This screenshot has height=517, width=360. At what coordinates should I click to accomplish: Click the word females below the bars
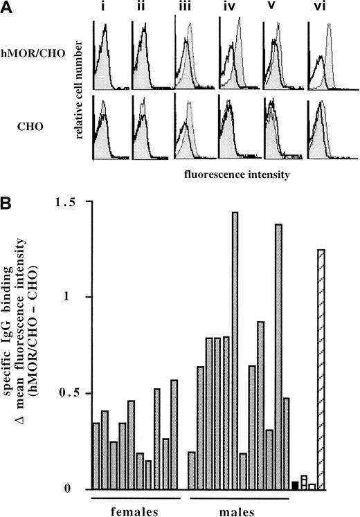pos(132,510)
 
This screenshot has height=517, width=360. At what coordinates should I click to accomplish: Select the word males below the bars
pos(240,510)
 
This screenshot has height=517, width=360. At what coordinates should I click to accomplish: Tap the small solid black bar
pos(296,485)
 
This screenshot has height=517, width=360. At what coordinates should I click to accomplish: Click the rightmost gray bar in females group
pos(174,434)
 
